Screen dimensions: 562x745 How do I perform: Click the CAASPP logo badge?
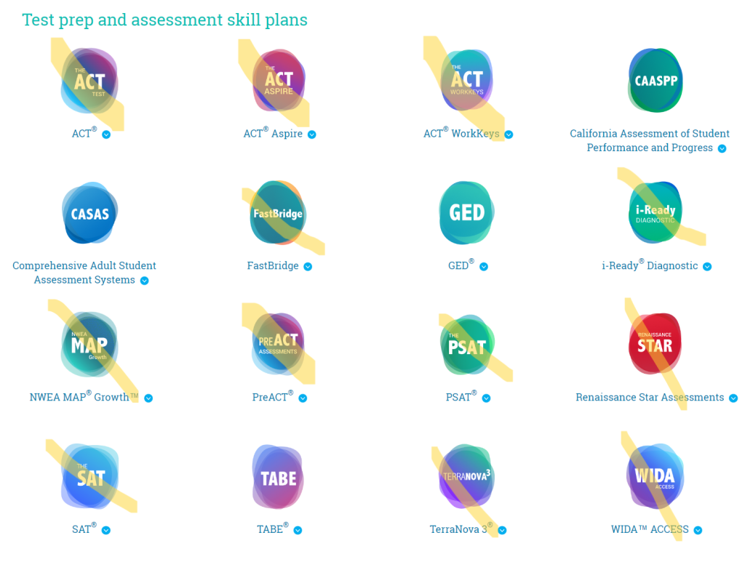pos(656,81)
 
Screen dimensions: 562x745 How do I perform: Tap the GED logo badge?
pos(466,212)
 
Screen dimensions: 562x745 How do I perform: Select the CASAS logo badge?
pos(89,214)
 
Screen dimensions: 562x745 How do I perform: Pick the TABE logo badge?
pos(278,478)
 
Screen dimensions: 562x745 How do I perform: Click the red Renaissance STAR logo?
pos(655,345)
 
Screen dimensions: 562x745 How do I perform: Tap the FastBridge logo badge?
pos(277,213)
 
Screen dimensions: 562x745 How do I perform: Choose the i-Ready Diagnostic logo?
pos(655,213)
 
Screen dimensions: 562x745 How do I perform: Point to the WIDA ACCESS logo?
pos(655,477)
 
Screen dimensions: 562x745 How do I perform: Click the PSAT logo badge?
pos(466,345)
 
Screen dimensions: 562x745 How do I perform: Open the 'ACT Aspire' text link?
pos(273,134)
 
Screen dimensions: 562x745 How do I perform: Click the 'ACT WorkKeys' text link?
pos(461,134)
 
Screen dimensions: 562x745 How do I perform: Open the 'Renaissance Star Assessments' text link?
pos(650,398)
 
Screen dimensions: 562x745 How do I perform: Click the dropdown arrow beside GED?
pos(484,267)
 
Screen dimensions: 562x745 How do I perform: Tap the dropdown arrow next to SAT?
pos(106,531)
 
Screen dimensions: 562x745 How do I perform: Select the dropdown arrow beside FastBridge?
pos(308,267)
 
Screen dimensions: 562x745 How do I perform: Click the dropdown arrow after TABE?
pos(298,531)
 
